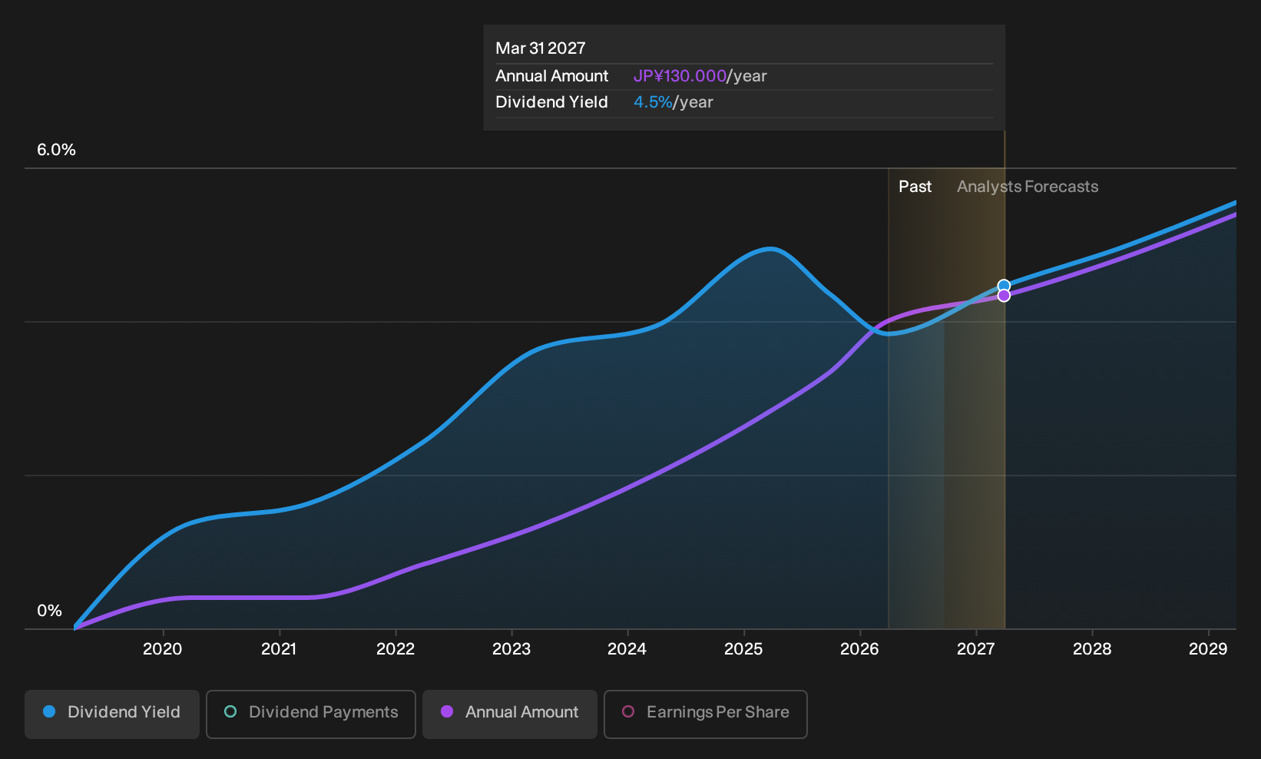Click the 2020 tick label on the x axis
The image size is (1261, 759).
click(163, 649)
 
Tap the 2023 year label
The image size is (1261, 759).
click(511, 649)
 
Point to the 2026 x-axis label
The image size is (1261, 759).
click(859, 649)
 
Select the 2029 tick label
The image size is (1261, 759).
click(1208, 649)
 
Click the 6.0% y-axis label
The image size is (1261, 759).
click(56, 150)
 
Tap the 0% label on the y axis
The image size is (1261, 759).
click(50, 611)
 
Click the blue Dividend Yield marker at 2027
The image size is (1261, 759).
click(1004, 287)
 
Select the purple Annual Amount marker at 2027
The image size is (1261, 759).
click(1004, 296)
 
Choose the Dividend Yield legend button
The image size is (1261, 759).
click(112, 714)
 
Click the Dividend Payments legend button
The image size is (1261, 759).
click(311, 714)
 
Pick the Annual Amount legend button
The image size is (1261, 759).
click(509, 714)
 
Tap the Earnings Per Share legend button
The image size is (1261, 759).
click(705, 714)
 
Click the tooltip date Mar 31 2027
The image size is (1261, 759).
click(541, 48)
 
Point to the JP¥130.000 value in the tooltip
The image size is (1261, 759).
click(680, 76)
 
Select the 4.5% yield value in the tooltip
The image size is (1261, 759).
click(653, 102)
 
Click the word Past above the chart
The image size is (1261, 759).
click(915, 187)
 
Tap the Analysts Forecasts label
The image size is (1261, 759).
click(1028, 187)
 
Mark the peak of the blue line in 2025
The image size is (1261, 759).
click(770, 248)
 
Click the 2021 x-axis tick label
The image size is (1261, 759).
click(280, 649)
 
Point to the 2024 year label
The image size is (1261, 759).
click(627, 649)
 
